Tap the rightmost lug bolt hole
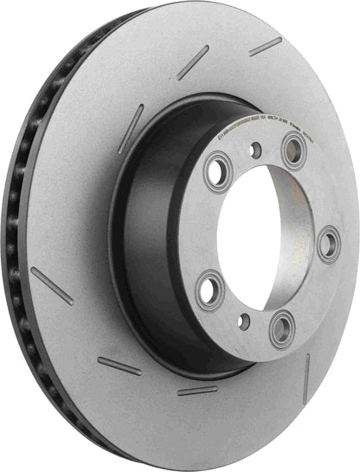point(329,243)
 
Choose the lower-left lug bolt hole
point(210,290)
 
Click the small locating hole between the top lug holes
point(254,149)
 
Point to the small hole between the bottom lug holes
point(244,322)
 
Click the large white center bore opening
point(268,234)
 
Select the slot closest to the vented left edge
point(51,286)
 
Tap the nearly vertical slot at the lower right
point(305,378)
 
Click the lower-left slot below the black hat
point(119,365)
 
